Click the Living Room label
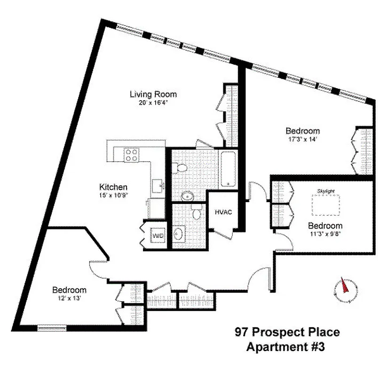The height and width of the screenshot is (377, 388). (x=153, y=94)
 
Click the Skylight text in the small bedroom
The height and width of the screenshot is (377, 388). (x=325, y=190)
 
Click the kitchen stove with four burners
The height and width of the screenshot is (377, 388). (x=131, y=155)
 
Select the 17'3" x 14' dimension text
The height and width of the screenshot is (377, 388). (x=303, y=139)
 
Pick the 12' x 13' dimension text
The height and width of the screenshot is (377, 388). (x=69, y=298)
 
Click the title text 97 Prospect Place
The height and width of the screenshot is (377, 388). (x=287, y=333)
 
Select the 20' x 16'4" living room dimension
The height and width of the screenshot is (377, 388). (x=153, y=102)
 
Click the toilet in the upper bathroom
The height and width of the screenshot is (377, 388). (x=178, y=168)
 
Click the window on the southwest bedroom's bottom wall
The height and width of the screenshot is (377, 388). (x=52, y=328)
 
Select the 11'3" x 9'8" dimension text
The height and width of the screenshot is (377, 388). (x=325, y=233)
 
